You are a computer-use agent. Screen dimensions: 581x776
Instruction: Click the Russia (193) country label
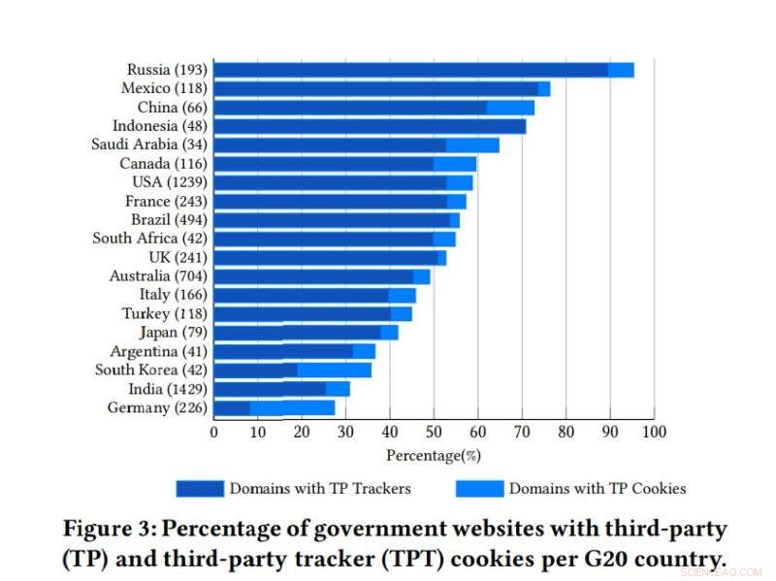click(166, 70)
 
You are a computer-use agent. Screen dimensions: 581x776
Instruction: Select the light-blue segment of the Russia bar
click(621, 70)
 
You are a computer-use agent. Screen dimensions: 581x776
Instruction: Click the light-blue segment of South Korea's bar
click(334, 370)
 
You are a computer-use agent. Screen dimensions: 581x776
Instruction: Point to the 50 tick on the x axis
click(434, 432)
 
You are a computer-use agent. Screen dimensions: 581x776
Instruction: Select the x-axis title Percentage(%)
click(434, 454)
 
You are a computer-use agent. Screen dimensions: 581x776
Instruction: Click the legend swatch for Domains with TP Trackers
click(199, 488)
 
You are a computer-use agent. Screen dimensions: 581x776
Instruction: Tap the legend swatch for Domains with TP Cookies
click(478, 488)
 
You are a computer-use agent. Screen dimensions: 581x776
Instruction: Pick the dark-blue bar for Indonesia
click(369, 126)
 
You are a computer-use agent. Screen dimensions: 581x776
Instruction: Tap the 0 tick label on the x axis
click(214, 432)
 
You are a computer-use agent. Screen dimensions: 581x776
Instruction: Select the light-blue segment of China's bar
click(510, 108)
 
